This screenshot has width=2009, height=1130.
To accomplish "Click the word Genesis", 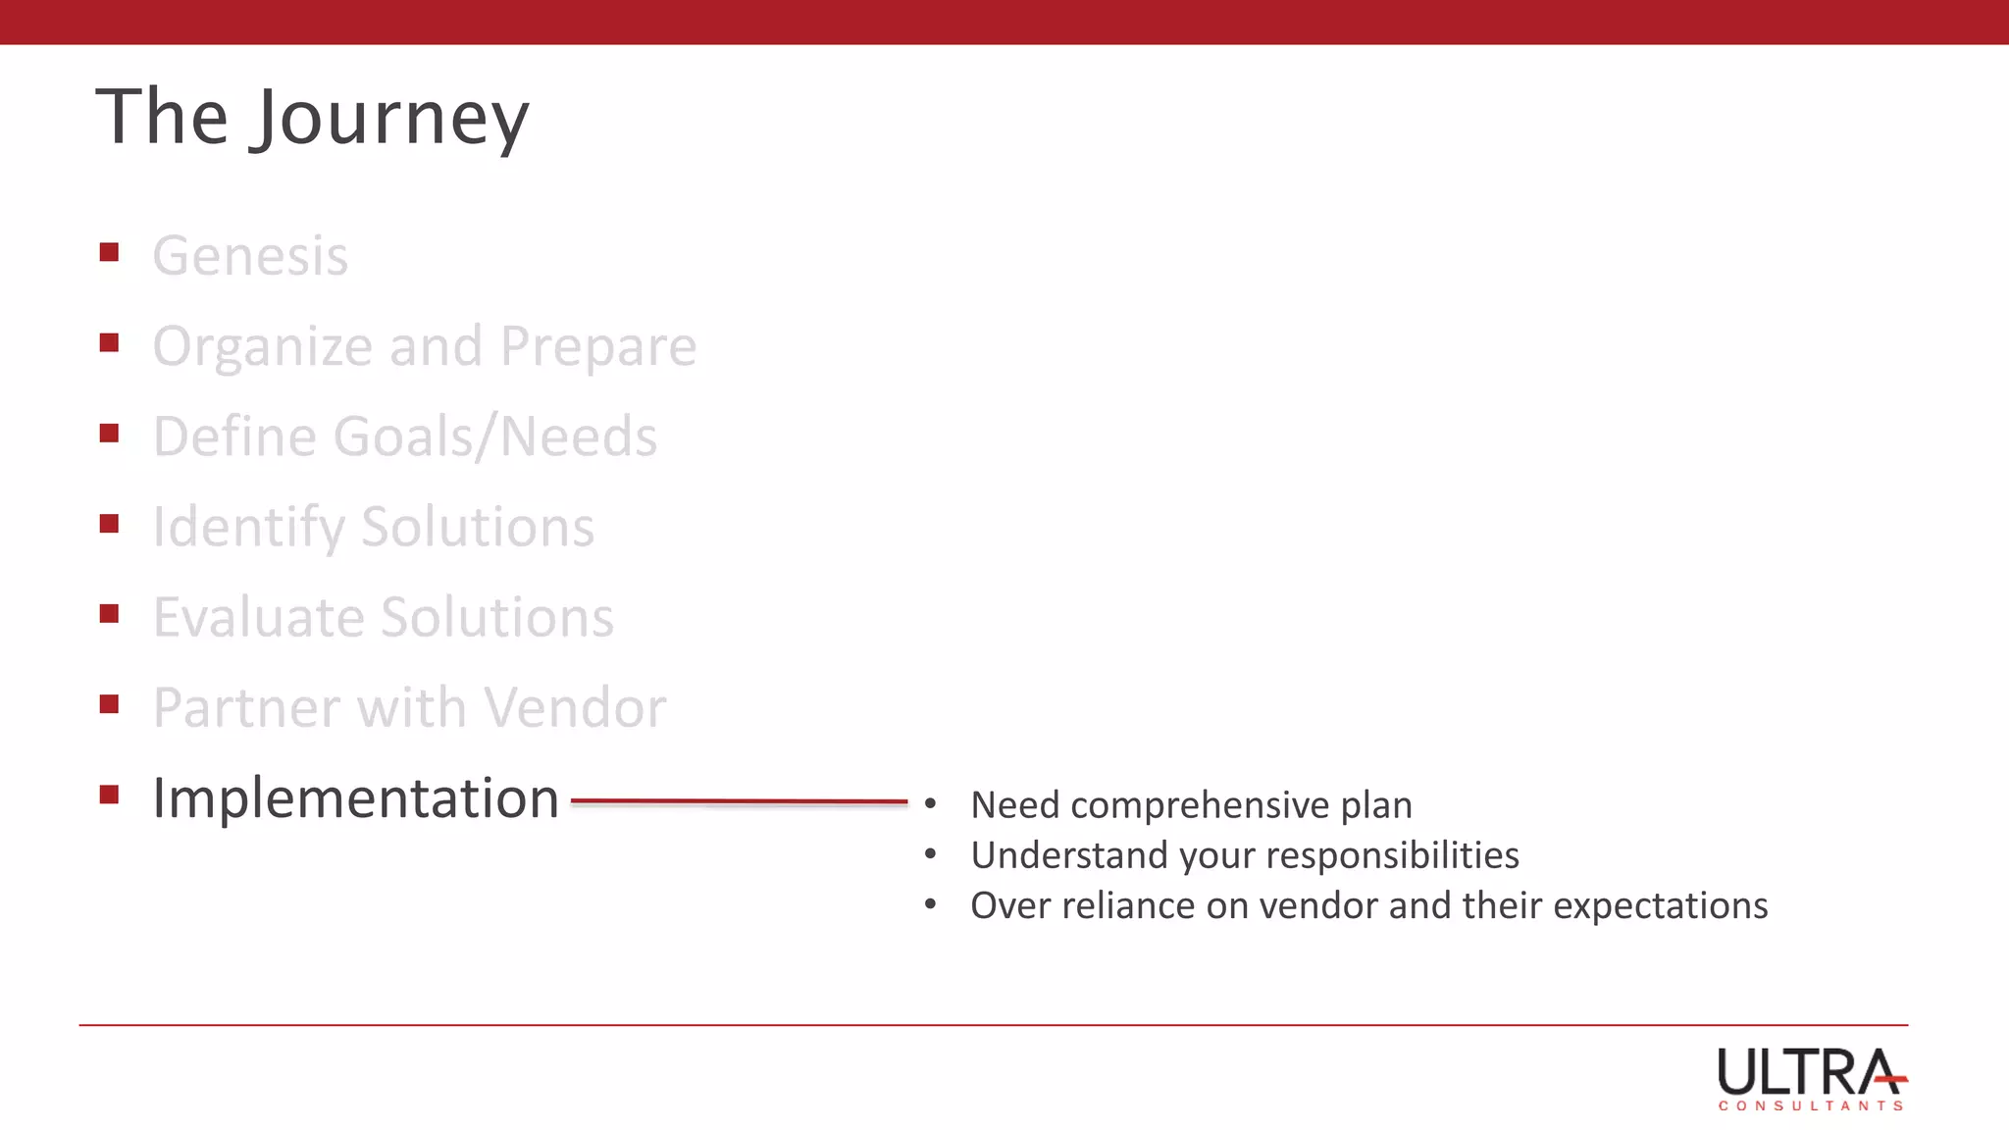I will [250, 256].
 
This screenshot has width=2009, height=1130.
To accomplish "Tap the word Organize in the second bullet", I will [262, 346].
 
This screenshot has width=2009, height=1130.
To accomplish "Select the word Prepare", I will [598, 346].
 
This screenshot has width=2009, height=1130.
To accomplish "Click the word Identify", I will [247, 528].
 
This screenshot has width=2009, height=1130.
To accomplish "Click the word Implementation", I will [355, 797].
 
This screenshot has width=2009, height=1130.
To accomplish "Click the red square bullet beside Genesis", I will [109, 253].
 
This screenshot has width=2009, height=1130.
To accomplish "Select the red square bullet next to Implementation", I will [109, 795].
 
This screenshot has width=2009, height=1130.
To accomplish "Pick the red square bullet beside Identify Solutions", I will [109, 524].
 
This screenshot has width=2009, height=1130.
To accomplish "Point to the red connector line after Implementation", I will [739, 801].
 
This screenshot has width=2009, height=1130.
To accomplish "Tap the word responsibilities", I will [1392, 855].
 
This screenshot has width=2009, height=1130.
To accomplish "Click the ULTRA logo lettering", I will [1805, 1072].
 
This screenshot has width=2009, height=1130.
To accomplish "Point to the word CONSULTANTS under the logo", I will [1810, 1105].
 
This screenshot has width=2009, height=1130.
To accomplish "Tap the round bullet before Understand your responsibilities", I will [930, 854].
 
